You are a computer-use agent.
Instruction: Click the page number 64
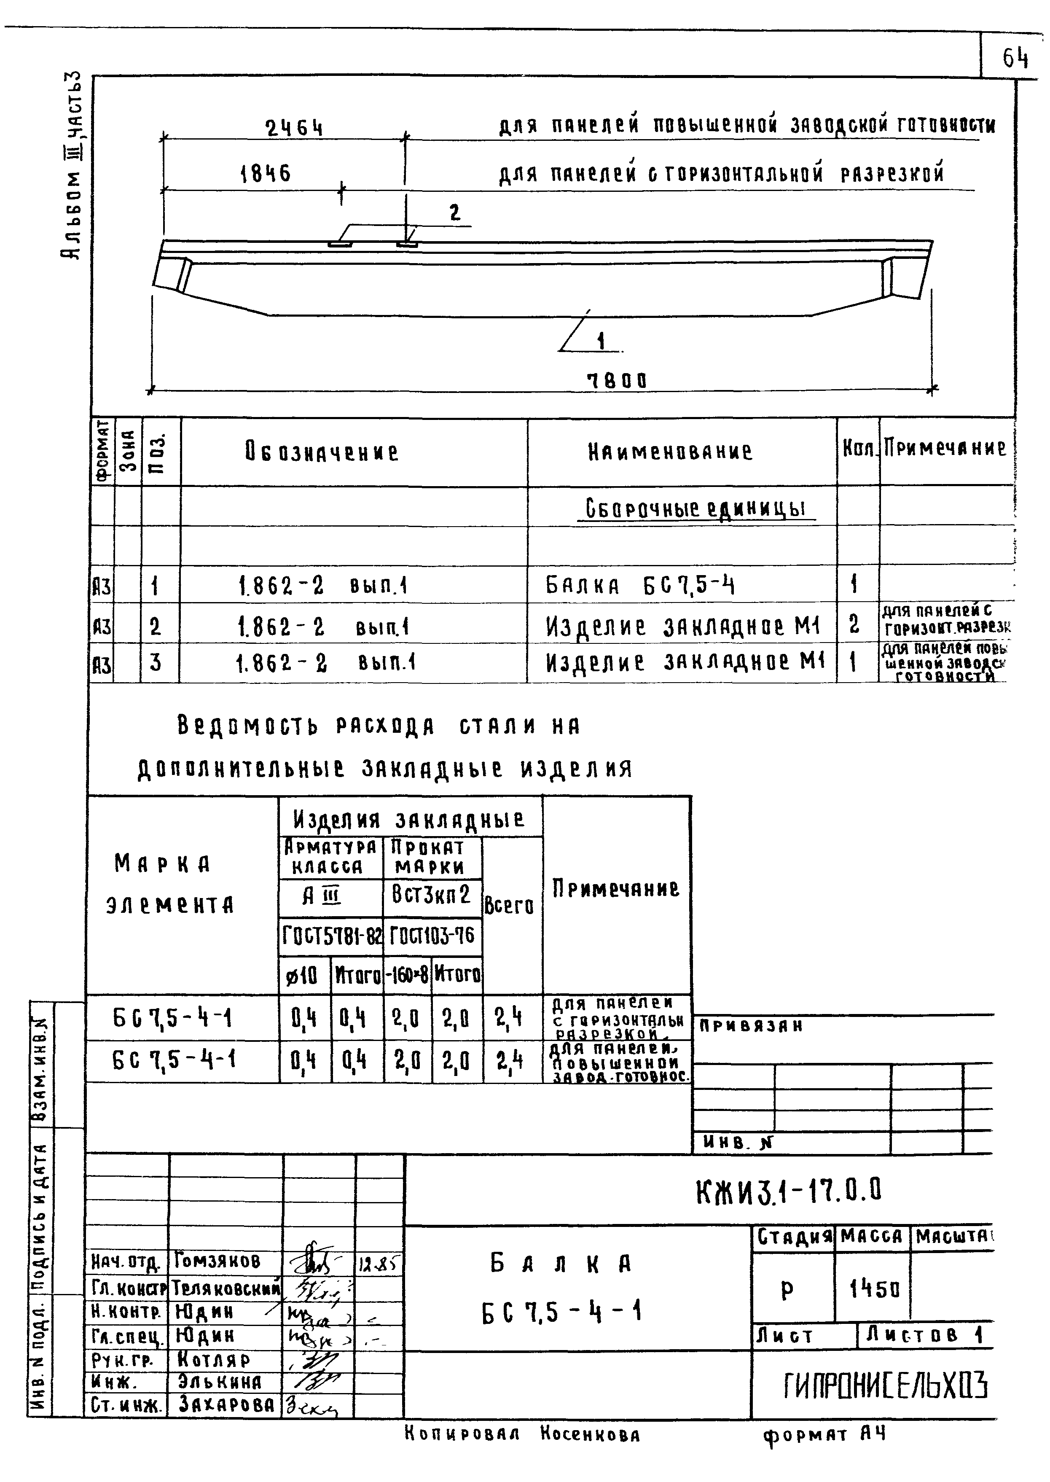(x=1015, y=59)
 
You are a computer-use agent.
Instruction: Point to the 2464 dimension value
(x=294, y=129)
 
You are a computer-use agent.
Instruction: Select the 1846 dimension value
(x=265, y=173)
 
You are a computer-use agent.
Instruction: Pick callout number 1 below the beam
(x=601, y=340)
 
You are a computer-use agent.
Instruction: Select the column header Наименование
(x=670, y=452)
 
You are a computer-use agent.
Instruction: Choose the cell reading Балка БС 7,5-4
(x=640, y=586)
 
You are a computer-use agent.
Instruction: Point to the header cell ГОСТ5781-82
(x=331, y=936)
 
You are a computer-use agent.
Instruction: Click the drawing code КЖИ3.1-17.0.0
(x=788, y=1191)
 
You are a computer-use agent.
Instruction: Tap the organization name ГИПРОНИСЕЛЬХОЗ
(x=886, y=1385)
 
